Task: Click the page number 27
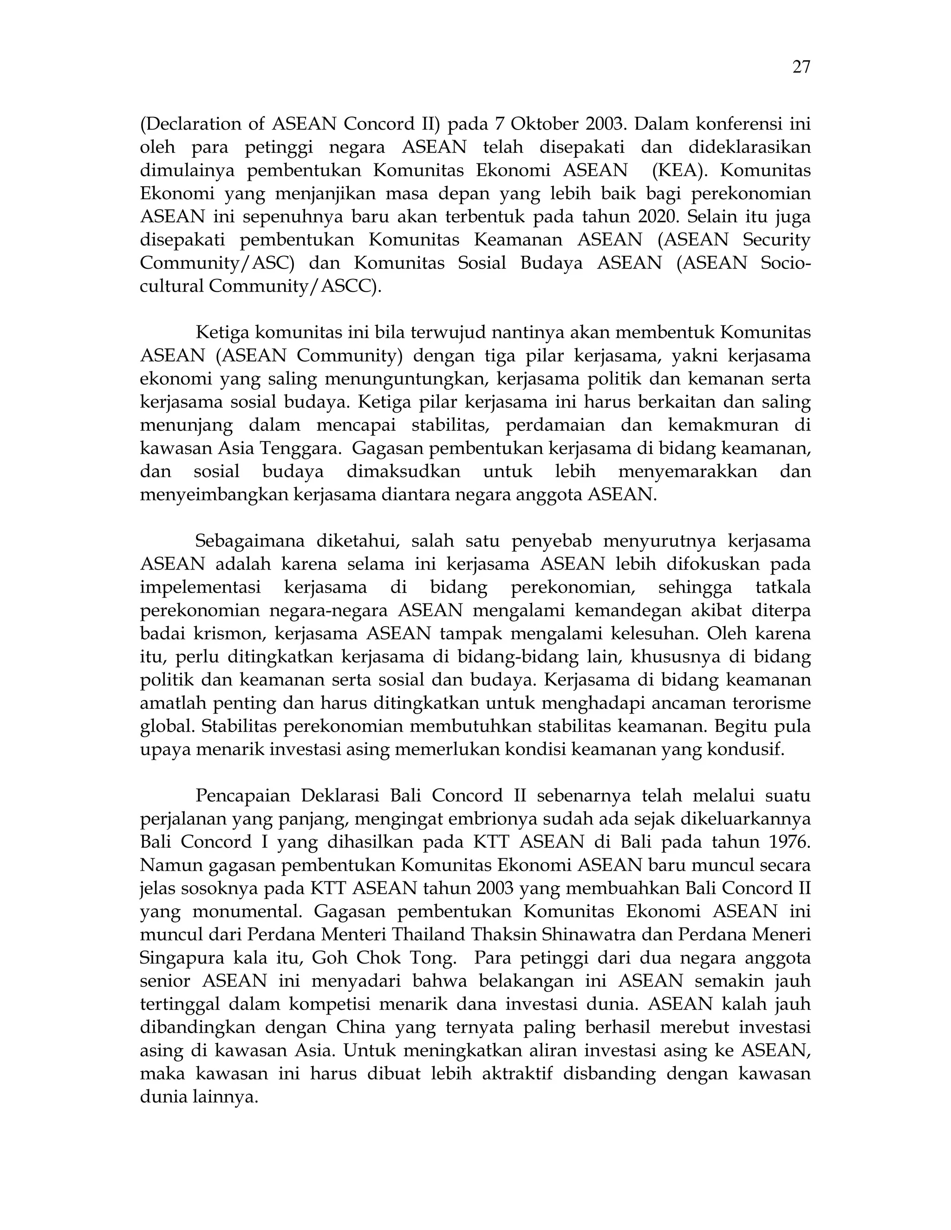[801, 67]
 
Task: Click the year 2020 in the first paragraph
[657, 217]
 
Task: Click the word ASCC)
[353, 286]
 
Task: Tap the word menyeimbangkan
[214, 495]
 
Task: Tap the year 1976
[789, 842]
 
